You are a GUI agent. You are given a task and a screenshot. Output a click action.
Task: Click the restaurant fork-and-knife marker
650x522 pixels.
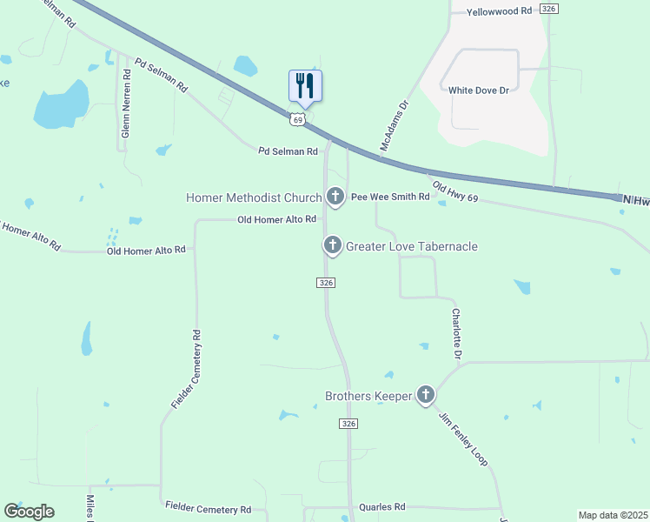click(x=305, y=85)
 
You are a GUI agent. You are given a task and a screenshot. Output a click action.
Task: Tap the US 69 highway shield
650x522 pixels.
click(x=298, y=119)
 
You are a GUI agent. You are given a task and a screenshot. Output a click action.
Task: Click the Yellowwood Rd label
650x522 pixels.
click(x=499, y=11)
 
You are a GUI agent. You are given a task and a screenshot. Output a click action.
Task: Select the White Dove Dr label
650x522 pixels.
click(x=477, y=90)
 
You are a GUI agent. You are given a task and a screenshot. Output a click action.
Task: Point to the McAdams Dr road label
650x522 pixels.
click(x=394, y=127)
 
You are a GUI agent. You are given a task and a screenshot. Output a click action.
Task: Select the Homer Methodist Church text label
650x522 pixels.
click(x=254, y=197)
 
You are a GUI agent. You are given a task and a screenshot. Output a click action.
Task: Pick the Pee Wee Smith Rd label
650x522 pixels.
click(x=390, y=197)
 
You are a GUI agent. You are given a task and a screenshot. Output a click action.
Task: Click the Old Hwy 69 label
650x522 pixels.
click(x=455, y=193)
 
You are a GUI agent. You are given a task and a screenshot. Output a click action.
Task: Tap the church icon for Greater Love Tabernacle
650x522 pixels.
click(x=332, y=246)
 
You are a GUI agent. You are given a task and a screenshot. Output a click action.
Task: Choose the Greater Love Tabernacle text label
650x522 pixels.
click(x=412, y=247)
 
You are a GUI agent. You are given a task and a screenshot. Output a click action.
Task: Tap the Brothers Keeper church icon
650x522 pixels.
click(x=426, y=396)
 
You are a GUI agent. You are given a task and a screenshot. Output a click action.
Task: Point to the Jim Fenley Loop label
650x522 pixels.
click(x=463, y=437)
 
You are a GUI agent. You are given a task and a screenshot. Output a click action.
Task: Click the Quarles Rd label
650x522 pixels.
click(x=381, y=506)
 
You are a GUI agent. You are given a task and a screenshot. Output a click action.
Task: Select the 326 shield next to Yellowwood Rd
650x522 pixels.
click(x=548, y=9)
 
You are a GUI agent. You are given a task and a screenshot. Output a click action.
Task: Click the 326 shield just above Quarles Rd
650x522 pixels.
click(x=348, y=423)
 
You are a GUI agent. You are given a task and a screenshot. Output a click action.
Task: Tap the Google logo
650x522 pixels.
click(x=29, y=512)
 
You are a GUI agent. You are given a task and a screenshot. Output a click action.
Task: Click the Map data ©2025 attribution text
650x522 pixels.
click(x=612, y=515)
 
